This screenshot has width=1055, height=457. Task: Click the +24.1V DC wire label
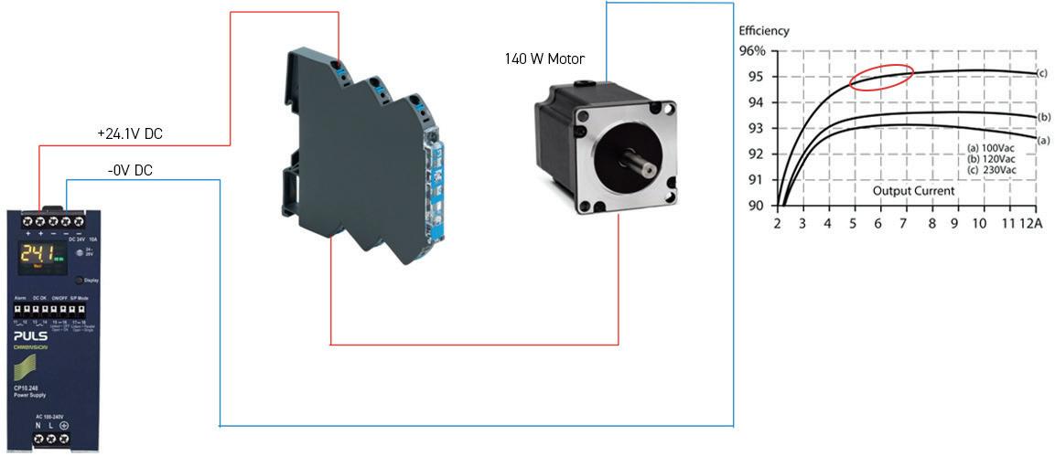point(130,133)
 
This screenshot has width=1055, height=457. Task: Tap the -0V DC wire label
point(128,170)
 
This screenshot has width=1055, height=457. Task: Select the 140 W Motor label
point(544,59)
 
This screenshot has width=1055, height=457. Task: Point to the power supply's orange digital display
point(37,255)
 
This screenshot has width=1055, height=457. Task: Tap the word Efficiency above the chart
point(763,31)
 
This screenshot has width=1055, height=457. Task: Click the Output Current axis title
point(912,191)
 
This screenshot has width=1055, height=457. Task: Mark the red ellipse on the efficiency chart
point(881,78)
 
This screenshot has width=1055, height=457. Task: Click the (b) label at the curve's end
point(1044,117)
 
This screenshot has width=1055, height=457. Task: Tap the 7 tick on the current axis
point(906,224)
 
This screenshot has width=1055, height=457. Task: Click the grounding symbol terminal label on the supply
point(64,426)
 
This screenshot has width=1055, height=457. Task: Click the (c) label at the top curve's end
point(1041,72)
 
